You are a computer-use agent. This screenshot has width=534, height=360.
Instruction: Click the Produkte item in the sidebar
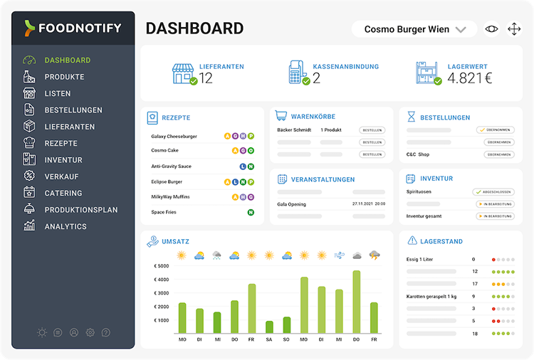coord(64,77)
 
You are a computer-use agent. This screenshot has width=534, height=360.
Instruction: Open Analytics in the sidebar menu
coord(66,226)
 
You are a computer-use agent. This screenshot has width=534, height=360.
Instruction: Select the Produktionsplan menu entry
coord(80,210)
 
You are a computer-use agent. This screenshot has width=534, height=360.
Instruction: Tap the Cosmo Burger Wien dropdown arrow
coord(461,30)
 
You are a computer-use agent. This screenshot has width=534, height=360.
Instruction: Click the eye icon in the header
coord(491,29)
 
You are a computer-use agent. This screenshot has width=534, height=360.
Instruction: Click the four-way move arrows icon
coord(514,29)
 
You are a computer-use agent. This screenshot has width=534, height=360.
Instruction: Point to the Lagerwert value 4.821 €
coord(470,78)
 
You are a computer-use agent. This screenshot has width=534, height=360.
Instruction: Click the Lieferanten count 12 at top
coord(206,78)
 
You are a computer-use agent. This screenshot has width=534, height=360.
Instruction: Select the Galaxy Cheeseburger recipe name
coord(174,136)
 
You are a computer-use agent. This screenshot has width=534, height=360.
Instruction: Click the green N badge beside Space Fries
coord(251,212)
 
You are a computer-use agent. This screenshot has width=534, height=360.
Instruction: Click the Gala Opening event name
coord(291,204)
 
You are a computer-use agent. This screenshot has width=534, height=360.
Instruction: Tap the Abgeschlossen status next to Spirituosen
coord(493,192)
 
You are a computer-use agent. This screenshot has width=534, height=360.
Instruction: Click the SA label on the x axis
coord(269,340)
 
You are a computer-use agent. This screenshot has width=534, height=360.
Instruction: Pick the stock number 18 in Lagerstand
coord(474,334)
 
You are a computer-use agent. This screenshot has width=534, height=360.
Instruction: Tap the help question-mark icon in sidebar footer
coord(106,332)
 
